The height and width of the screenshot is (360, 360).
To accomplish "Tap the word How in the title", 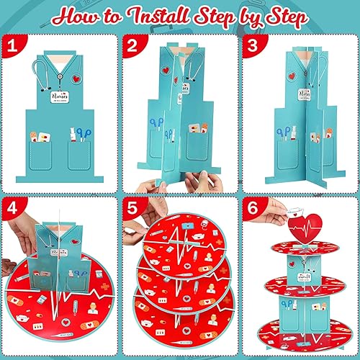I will pyautogui.click(x=72, y=16).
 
